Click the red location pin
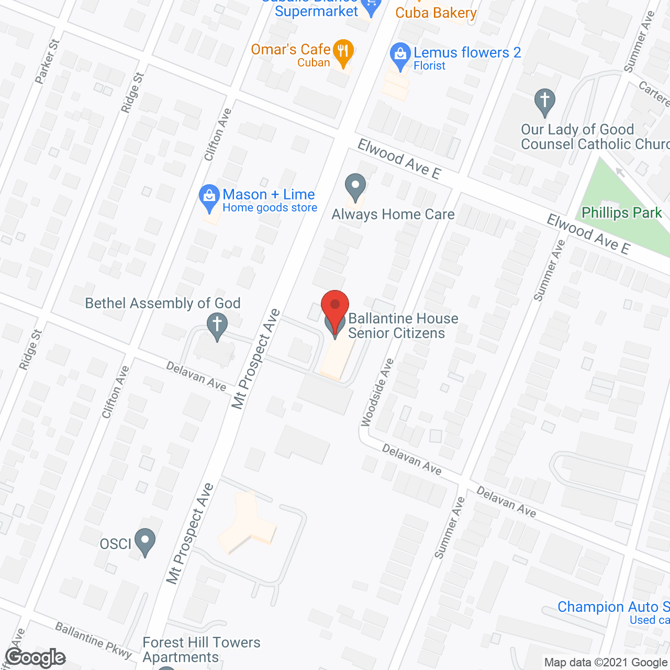(334, 305)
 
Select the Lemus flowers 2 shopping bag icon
(400, 55)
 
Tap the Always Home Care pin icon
(355, 186)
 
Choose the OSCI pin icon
(145, 541)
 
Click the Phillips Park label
(622, 213)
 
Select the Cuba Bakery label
(435, 13)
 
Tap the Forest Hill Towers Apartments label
(202, 650)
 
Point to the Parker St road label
(47, 61)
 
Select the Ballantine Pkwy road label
(94, 639)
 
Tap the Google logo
(36, 657)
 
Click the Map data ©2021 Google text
(606, 663)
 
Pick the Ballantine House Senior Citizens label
(403, 326)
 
